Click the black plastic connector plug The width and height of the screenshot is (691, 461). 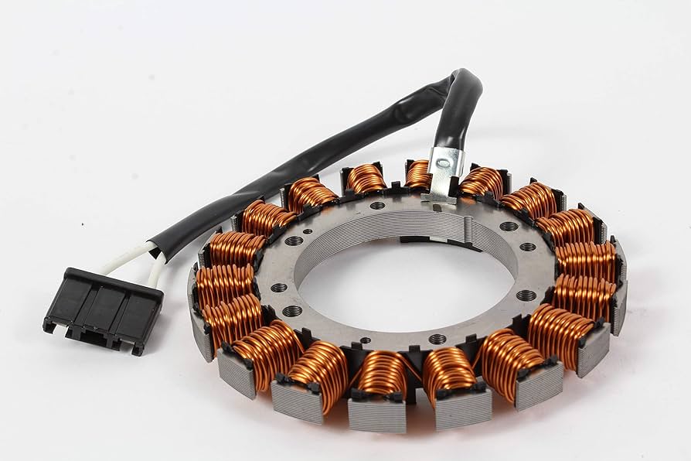[x=103, y=308]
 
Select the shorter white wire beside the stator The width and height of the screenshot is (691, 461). [x=157, y=271]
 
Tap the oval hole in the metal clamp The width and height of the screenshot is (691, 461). [x=442, y=162]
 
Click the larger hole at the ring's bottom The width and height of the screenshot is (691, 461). [x=437, y=339]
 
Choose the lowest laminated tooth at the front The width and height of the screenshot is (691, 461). [x=377, y=415]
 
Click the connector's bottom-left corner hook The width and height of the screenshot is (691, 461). [x=50, y=326]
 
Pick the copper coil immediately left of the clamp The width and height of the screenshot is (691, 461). [x=366, y=179]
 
